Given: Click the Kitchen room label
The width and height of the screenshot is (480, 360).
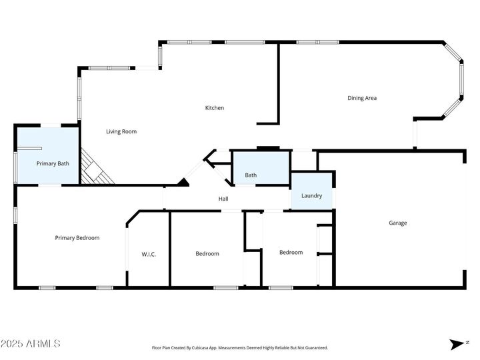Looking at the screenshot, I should tap(214, 108).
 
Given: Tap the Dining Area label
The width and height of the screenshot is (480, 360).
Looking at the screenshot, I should tap(362, 98).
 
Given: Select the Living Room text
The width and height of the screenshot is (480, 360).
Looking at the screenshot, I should tap(121, 131).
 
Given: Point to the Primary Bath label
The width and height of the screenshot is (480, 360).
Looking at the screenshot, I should tap(53, 163).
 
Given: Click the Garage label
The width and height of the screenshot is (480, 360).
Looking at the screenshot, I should tap(398, 223).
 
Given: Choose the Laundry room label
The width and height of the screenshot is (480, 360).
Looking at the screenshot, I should tap(311, 196).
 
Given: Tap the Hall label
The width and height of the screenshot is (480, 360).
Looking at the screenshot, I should tap(223, 199).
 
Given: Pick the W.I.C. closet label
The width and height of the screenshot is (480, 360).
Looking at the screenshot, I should tap(149, 254).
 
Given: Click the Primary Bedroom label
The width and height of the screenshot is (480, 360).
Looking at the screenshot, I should tap(77, 238).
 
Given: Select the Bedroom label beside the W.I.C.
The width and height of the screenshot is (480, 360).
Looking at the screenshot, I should tap(207, 253).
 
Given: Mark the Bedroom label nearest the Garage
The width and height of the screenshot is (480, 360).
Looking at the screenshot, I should tap(291, 253).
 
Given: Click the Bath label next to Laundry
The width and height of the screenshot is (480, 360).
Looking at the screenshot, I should tap(251, 175).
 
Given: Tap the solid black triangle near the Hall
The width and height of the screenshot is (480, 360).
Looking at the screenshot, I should tap(183, 181).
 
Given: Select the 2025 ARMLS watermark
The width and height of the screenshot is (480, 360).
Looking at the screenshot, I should tap(31, 344).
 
